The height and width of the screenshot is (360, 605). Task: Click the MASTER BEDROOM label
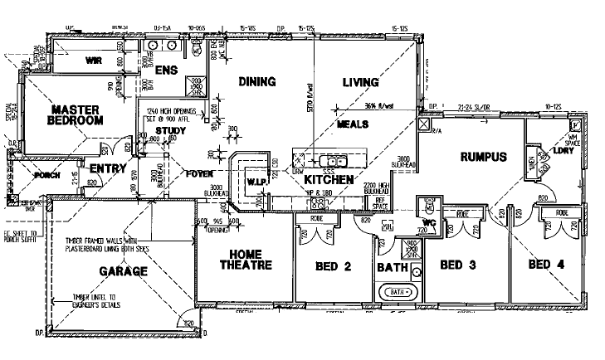point(76,114)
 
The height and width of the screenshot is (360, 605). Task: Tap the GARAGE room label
point(124,270)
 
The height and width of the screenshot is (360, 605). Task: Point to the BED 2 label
point(334,267)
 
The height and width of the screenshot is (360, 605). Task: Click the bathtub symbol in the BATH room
point(398,293)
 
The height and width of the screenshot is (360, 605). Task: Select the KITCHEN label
point(329,179)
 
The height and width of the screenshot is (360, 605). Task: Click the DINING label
point(256,81)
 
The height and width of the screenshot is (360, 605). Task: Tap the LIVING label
point(360,82)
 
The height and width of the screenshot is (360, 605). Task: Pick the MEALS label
point(352,124)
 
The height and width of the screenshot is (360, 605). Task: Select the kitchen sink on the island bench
point(334,159)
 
